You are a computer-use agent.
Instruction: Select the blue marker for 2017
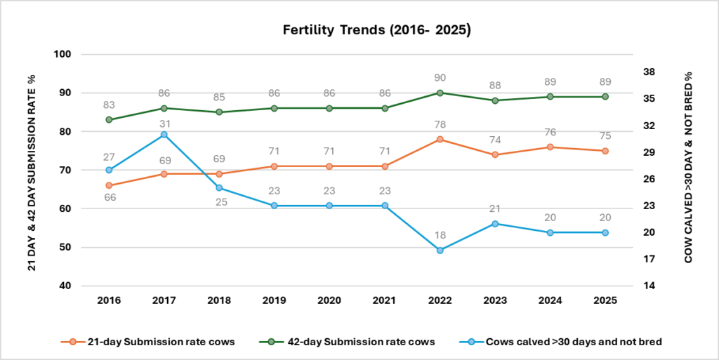pyautogui.click(x=164, y=135)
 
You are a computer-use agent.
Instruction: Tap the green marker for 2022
pyautogui.click(x=440, y=93)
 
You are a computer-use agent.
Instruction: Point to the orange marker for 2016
pyautogui.click(x=109, y=185)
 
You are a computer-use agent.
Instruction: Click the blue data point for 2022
pyautogui.click(x=440, y=251)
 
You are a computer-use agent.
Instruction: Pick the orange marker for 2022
pyautogui.click(x=440, y=139)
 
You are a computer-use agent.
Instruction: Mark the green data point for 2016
pyautogui.click(x=109, y=119)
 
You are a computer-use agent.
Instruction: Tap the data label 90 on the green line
pyautogui.click(x=440, y=77)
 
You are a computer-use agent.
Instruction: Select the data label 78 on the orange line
pyautogui.click(x=440, y=124)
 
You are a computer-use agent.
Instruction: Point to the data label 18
pyautogui.click(x=440, y=235)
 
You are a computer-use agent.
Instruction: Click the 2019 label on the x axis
pyautogui.click(x=275, y=300)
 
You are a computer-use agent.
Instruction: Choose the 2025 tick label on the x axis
pyautogui.click(x=605, y=300)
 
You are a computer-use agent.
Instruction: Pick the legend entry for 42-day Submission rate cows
pyautogui.click(x=348, y=342)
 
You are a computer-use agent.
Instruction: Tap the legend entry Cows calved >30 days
pyautogui.click(x=561, y=342)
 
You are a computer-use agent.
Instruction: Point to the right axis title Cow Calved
pyautogui.click(x=688, y=167)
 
